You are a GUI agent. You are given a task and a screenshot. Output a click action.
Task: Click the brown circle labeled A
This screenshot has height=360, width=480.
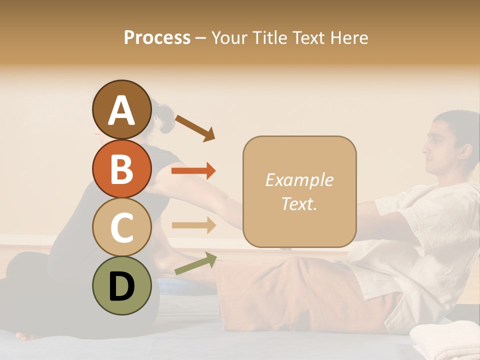[x=121, y=109]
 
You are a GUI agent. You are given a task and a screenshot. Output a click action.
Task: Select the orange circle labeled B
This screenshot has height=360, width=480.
[x=121, y=168]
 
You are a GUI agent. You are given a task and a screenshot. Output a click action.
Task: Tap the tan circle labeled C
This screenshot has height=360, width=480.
[x=121, y=227]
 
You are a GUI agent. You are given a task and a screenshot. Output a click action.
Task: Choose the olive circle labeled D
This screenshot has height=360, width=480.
[x=121, y=285]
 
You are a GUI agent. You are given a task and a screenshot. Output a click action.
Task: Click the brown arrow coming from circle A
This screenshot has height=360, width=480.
[x=195, y=127]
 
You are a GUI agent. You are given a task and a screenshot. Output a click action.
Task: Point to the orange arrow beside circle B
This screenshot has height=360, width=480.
[x=193, y=171]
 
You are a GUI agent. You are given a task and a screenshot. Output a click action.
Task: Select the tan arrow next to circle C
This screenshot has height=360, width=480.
[x=193, y=225]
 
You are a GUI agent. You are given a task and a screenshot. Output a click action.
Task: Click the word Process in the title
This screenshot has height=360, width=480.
[x=157, y=37]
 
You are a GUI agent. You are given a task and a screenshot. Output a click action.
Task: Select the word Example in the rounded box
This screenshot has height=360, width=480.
[x=299, y=180]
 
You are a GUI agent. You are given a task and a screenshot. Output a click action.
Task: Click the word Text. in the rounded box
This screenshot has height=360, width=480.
[x=299, y=203]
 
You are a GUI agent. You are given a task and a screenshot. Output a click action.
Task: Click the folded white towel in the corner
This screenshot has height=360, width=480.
[x=445, y=340]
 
